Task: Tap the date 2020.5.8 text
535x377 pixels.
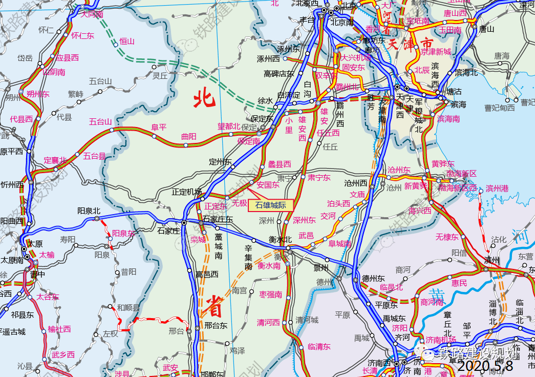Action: click(x=485, y=366)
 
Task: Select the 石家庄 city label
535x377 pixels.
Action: click(x=169, y=231)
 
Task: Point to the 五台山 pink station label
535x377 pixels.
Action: click(x=100, y=121)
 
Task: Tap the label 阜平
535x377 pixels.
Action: click(x=159, y=127)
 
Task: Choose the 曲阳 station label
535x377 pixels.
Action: click(x=189, y=136)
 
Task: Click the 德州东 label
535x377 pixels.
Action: click(x=373, y=278)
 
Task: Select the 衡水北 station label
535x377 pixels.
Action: click(x=280, y=239)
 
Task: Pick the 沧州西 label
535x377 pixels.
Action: click(x=356, y=183)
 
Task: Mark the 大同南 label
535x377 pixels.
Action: click(x=92, y=14)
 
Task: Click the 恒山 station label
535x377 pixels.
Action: click(x=126, y=41)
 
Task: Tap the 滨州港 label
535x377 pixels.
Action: click(x=497, y=188)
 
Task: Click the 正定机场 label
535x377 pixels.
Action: click(x=187, y=192)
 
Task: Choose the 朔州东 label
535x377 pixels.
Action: click(x=38, y=94)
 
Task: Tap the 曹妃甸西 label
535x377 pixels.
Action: click(x=500, y=108)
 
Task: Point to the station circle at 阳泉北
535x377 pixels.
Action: click(x=97, y=219)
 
